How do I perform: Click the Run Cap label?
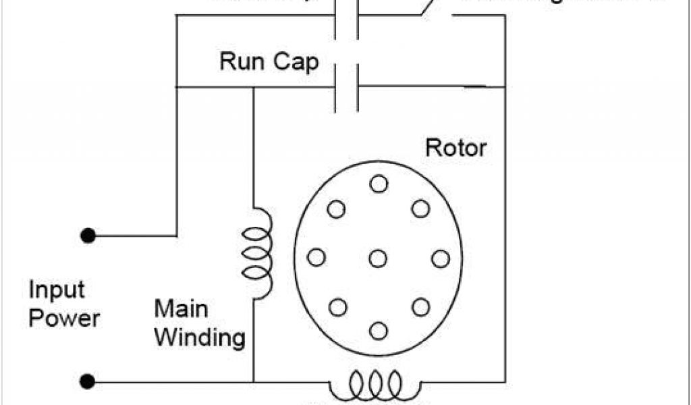[269, 62]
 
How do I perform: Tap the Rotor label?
[455, 148]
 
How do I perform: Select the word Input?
[57, 291]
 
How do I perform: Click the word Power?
[64, 319]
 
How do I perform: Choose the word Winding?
[199, 337]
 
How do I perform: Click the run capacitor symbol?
[346, 86]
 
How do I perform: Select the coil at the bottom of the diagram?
[375, 386]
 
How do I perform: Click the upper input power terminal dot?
[87, 236]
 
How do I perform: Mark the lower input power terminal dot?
[87, 382]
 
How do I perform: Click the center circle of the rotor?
[378, 258]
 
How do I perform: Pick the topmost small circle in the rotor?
[379, 184]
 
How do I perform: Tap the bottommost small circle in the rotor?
[379, 331]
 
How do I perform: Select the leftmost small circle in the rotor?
[316, 257]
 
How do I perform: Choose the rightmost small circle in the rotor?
[440, 258]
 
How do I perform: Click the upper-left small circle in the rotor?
[336, 209]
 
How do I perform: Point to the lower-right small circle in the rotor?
[420, 307]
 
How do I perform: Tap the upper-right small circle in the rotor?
[420, 209]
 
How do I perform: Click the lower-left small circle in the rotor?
[337, 307]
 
